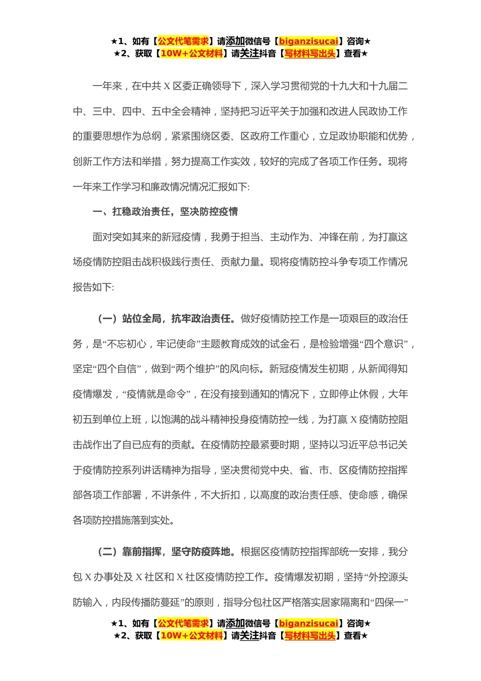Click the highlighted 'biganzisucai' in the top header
pyautogui.click(x=308, y=42)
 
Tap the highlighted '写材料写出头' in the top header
pyautogui.click(x=310, y=54)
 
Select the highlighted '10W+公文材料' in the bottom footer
pyautogui.click(x=191, y=636)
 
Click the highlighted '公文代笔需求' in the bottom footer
pyautogui.click(x=183, y=624)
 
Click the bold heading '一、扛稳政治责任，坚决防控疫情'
pyautogui.click(x=165, y=212)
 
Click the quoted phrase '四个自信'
pyautogui.click(x=117, y=369)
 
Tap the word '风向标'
pyautogui.click(x=249, y=369)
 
